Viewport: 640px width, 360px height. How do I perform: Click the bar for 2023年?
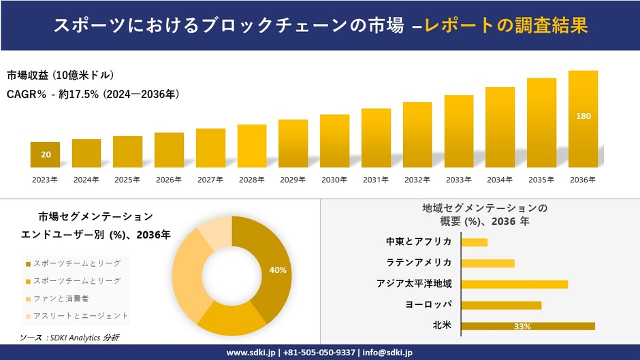click(46, 154)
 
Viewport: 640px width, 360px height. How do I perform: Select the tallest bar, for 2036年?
click(583, 119)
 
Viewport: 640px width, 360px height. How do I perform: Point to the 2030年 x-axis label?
click(334, 180)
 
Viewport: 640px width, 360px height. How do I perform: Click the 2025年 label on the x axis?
click(127, 180)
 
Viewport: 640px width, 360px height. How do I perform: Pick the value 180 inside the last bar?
click(583, 116)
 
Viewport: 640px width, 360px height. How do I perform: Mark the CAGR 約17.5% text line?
click(93, 94)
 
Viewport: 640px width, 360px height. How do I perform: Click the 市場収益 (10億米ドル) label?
click(61, 75)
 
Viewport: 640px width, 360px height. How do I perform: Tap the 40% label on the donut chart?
click(277, 270)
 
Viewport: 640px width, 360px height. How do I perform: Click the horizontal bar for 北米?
click(528, 326)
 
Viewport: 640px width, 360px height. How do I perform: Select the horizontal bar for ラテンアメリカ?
click(487, 263)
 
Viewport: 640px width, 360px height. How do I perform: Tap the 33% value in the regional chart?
click(522, 327)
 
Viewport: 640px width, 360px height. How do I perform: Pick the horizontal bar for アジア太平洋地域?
click(514, 284)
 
